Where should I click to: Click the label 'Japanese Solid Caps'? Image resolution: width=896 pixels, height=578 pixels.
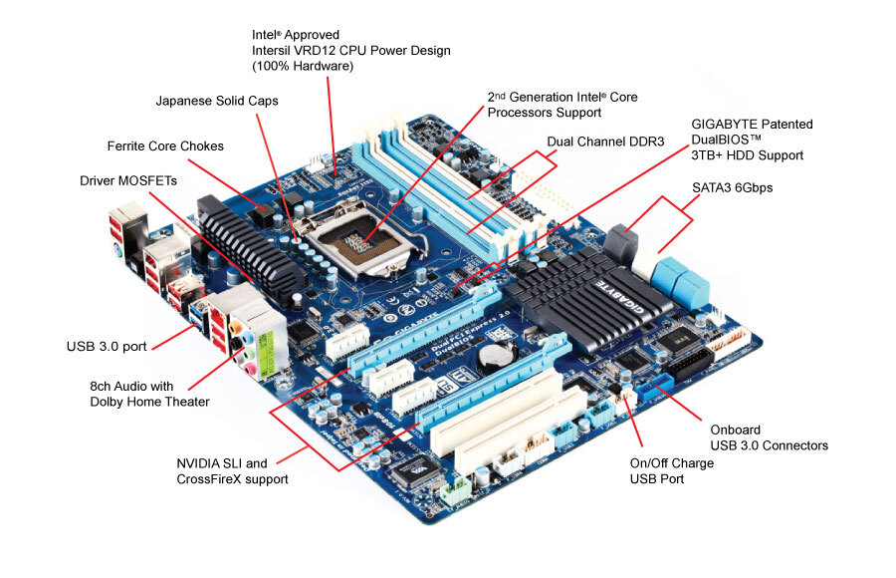point(217,101)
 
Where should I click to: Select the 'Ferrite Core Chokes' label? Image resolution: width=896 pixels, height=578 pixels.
point(165,146)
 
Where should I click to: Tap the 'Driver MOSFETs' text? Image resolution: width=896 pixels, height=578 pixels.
point(129,180)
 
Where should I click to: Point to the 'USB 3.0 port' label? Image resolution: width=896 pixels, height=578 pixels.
point(107,347)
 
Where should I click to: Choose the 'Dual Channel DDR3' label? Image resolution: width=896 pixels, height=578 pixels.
point(605,142)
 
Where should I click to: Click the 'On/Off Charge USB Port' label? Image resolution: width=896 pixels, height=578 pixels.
point(671,470)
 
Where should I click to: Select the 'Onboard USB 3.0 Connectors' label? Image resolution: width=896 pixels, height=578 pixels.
point(769,436)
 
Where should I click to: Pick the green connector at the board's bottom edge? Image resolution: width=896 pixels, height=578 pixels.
point(456,490)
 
